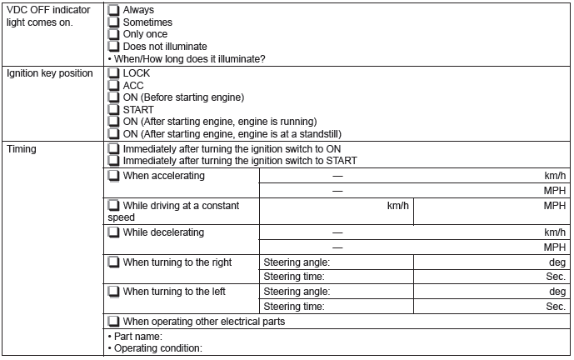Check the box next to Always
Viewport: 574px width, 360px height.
click(114, 11)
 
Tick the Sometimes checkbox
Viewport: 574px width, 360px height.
click(114, 22)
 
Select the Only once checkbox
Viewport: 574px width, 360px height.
click(114, 34)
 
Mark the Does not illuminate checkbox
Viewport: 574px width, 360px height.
click(114, 47)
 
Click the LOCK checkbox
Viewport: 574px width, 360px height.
click(114, 73)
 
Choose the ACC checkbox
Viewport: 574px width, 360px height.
click(114, 85)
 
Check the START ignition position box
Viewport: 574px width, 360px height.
click(114, 109)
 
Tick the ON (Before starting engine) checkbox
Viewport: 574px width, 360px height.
click(114, 97)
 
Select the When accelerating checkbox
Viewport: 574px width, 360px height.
click(114, 177)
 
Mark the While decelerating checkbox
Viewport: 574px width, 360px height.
click(114, 232)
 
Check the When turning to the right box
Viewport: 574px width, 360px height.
click(114, 262)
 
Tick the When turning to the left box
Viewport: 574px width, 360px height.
click(114, 292)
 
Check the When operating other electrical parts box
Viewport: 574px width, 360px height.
click(114, 322)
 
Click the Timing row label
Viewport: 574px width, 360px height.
click(22, 149)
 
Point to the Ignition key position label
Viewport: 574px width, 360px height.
click(49, 73)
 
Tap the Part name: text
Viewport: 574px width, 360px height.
click(137, 337)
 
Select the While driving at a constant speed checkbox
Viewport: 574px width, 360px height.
click(114, 205)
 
